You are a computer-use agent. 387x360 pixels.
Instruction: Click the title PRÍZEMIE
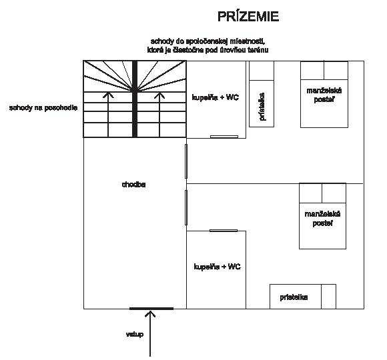[248, 16]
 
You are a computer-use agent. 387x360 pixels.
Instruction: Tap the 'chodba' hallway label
[133, 185]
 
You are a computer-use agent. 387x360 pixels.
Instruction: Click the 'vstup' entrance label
[135, 335]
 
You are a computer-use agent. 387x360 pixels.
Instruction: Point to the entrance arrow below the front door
[150, 333]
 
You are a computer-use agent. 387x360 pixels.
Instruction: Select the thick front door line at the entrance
[151, 309]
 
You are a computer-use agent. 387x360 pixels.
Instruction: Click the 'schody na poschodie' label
[43, 108]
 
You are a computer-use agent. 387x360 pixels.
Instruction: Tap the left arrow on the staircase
[108, 115]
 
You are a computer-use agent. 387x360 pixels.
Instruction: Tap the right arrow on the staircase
[159, 115]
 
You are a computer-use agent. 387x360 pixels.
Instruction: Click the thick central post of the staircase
[135, 99]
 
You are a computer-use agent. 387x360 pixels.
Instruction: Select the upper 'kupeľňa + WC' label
[216, 97]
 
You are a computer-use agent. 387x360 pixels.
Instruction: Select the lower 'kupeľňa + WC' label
[218, 267]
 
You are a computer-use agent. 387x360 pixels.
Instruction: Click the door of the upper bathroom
[224, 137]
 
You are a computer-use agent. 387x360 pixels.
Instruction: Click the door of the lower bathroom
[224, 231]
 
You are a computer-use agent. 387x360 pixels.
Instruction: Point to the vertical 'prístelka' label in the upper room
[262, 107]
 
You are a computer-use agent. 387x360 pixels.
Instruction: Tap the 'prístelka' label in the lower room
[294, 297]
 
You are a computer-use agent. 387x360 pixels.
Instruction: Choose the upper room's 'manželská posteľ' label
[324, 95]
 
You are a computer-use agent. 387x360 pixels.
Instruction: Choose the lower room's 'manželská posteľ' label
[322, 219]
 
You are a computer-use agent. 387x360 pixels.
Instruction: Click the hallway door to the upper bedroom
[186, 161]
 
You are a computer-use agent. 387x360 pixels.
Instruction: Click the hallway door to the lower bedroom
[186, 207]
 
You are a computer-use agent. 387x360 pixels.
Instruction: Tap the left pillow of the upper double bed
[312, 71]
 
